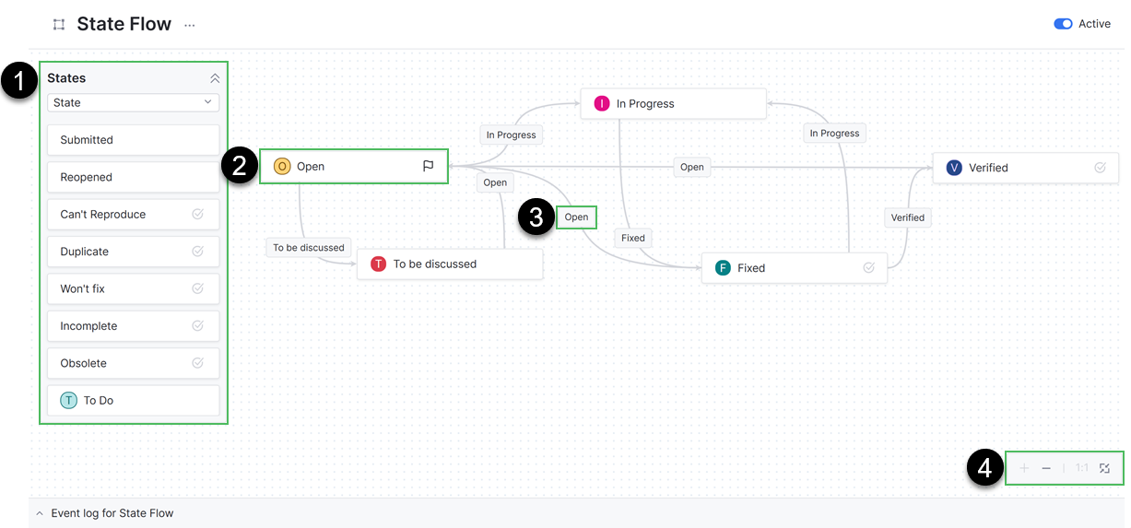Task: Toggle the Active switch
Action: (1063, 24)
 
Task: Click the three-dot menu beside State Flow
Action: (190, 25)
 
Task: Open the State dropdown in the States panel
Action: (134, 102)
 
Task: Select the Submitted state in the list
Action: (133, 140)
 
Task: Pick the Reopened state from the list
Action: (133, 177)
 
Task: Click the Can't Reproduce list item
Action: (133, 214)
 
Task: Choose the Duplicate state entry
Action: (133, 252)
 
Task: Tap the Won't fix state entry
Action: (133, 288)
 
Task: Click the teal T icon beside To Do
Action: (69, 401)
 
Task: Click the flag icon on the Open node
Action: (429, 167)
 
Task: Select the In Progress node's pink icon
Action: (602, 103)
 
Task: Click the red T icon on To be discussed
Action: (378, 264)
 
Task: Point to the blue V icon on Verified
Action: (954, 168)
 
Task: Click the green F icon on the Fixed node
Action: (723, 268)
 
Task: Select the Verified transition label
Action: (907, 217)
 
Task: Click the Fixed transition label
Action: (633, 238)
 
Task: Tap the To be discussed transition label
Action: (309, 247)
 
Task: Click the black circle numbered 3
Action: (536, 217)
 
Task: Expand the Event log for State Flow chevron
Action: (40, 513)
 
